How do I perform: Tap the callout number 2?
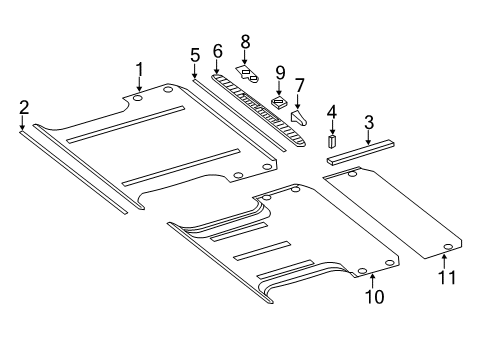pos(23,106)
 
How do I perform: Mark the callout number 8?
pos(243,41)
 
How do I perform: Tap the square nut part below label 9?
pos(280,103)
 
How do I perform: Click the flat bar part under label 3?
pos(363,152)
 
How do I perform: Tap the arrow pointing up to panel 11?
pos(444,260)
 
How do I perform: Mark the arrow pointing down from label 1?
pos(140,85)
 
